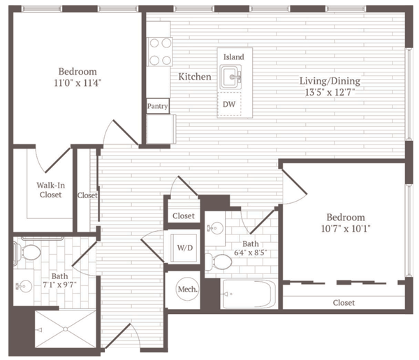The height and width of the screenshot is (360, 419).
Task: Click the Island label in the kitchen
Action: pyautogui.click(x=233, y=57)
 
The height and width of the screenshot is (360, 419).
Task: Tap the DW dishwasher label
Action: pyautogui.click(x=229, y=104)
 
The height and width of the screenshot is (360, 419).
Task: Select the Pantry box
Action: pyautogui.click(x=158, y=106)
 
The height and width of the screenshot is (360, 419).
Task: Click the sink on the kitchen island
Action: pyautogui.click(x=231, y=77)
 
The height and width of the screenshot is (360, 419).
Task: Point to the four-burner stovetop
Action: pyautogui.click(x=160, y=52)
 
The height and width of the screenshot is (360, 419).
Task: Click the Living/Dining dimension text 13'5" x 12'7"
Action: pyautogui.click(x=330, y=92)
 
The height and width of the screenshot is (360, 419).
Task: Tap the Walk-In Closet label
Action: pyautogui.click(x=50, y=190)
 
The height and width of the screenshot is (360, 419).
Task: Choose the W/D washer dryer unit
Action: pyautogui.click(x=184, y=248)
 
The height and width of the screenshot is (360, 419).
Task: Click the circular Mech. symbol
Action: pyautogui.click(x=188, y=290)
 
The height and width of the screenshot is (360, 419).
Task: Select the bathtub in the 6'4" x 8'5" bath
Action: pyautogui.click(x=249, y=294)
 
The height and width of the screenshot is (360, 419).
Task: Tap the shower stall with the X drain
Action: pyautogui.click(x=66, y=329)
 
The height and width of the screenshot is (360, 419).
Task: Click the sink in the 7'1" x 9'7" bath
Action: pyautogui.click(x=24, y=287)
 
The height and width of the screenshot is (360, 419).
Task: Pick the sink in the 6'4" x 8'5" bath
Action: pyautogui.click(x=215, y=228)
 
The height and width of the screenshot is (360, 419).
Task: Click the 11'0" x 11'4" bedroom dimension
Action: pyautogui.click(x=78, y=83)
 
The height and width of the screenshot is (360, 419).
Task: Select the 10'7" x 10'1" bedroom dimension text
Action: pyautogui.click(x=346, y=229)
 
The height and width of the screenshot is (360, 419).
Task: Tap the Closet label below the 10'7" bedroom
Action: pyautogui.click(x=344, y=303)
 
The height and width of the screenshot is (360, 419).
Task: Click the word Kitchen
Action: pyautogui.click(x=195, y=77)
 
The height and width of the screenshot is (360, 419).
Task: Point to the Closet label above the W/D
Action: pyautogui.click(x=184, y=216)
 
